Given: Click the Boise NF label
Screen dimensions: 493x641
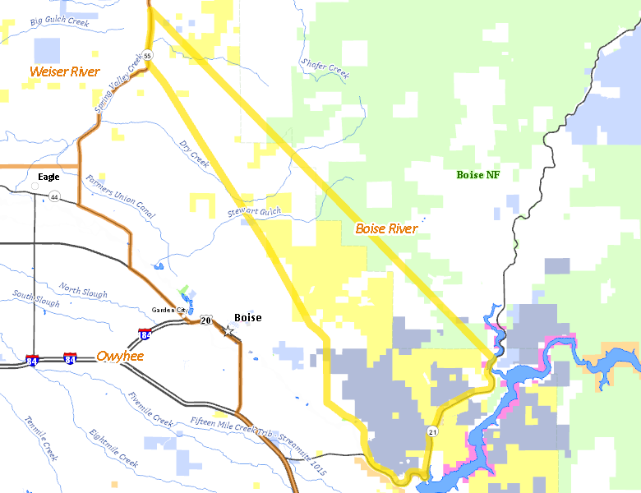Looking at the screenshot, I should [x=477, y=174].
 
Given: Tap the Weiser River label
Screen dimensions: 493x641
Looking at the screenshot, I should [x=64, y=72].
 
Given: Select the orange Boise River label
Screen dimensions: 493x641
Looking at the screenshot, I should [x=386, y=228].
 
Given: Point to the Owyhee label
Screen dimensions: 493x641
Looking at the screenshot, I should [x=120, y=356].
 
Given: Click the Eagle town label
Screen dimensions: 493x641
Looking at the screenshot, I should [x=48, y=177].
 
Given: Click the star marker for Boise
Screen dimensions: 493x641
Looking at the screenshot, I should [x=228, y=330].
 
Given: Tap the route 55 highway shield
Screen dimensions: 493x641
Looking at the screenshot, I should [x=147, y=55].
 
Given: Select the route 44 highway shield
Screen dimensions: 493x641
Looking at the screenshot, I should [x=54, y=197].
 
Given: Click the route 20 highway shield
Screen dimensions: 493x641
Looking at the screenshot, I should [x=205, y=320].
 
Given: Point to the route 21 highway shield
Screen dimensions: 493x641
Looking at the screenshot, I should [x=432, y=431].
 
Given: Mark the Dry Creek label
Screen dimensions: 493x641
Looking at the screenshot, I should [x=195, y=154].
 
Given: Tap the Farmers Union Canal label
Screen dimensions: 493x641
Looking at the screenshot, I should [x=120, y=196].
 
